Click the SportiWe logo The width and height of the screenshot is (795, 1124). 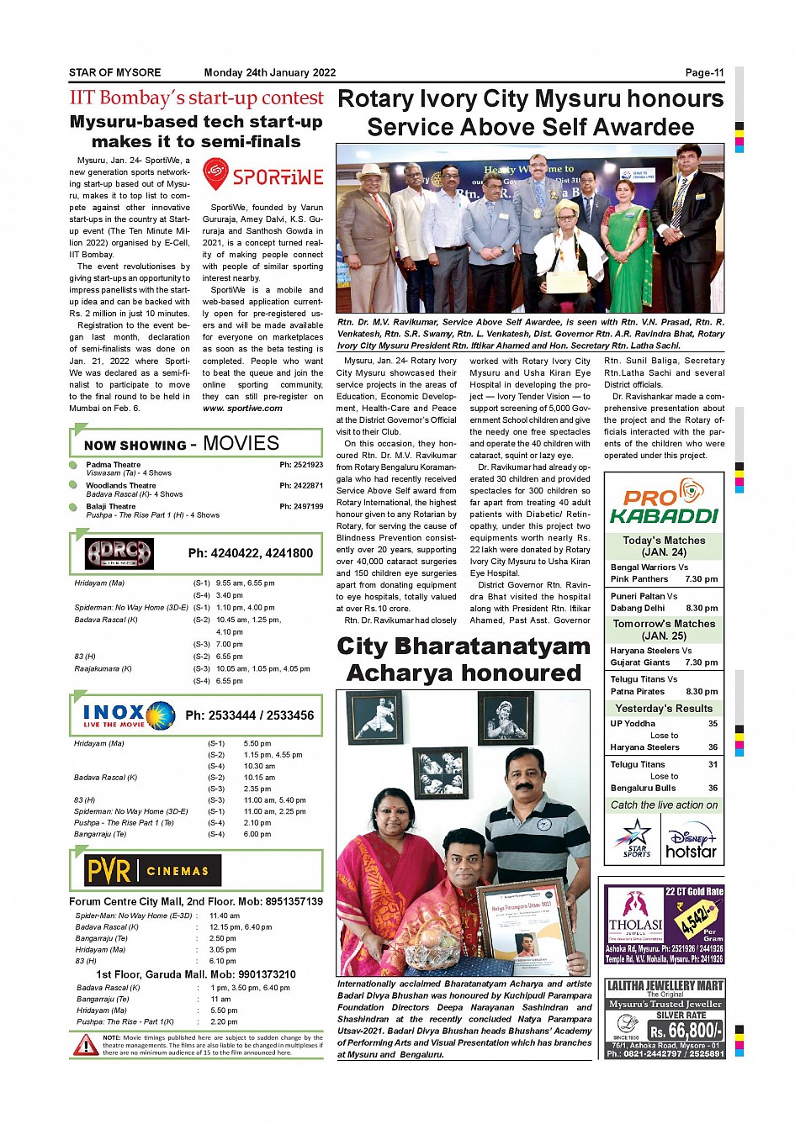coord(262,175)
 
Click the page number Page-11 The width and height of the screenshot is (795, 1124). coord(704,73)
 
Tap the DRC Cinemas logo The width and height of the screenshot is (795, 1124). coord(119,553)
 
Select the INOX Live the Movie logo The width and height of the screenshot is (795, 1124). coord(128,715)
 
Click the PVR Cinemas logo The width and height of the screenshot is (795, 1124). coord(152,871)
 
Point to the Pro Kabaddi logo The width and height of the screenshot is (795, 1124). coord(664,502)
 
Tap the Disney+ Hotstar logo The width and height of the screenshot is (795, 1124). coord(692,843)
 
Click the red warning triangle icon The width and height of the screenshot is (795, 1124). coord(85,1045)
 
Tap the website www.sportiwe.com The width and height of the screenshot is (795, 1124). coord(242,409)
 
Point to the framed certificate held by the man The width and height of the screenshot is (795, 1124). coord(522,926)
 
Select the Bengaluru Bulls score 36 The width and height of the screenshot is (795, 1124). coord(713,789)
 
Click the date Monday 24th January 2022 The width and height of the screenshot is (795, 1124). coord(270,73)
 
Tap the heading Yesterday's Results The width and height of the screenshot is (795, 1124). coord(664,709)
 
